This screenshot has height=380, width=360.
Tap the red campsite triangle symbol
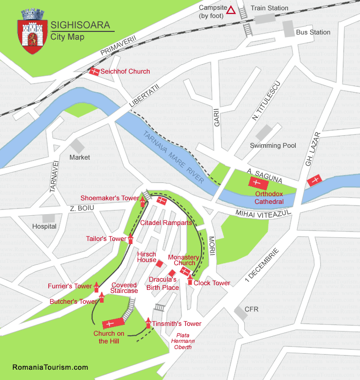click(x=231, y=10)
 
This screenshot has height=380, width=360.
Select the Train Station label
click(x=269, y=8)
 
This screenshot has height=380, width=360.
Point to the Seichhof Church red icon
click(x=94, y=72)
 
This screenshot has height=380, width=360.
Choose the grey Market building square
click(x=78, y=146)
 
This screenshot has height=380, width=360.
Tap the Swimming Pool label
click(x=273, y=146)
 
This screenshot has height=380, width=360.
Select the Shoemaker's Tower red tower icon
click(x=143, y=201)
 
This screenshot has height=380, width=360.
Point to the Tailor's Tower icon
click(x=131, y=238)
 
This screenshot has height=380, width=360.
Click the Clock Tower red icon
click(x=190, y=280)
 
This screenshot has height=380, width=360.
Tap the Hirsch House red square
click(x=160, y=264)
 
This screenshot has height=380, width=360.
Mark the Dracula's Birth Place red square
click(x=172, y=273)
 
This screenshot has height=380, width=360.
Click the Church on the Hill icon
click(x=114, y=323)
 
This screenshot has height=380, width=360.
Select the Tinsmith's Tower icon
click(x=148, y=323)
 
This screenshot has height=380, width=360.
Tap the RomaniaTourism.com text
click(x=50, y=367)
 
